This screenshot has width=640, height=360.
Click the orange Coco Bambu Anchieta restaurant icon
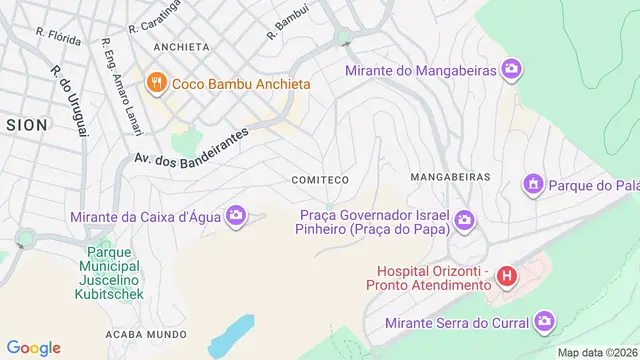tap(155, 84)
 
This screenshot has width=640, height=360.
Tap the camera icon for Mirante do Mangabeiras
tap(512, 70)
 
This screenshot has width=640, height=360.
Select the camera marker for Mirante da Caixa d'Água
tap(236, 216)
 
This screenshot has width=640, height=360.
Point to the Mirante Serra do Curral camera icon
tap(544, 322)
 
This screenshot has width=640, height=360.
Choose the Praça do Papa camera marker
tap(464, 220)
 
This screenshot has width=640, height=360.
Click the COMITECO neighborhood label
tap(319, 180)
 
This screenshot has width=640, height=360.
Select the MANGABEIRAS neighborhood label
tap(451, 176)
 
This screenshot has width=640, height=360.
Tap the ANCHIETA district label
tap(181, 47)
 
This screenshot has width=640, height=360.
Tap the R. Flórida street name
tap(57, 37)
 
